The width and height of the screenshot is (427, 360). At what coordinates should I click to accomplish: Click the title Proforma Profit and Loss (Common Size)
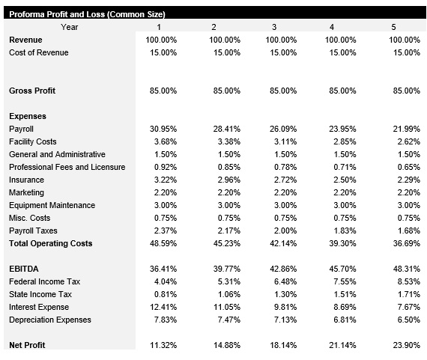[87, 15]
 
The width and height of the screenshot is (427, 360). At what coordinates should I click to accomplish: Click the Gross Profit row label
[32, 91]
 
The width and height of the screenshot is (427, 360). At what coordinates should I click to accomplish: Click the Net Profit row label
[28, 345]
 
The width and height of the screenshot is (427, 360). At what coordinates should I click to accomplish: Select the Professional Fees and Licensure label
[67, 167]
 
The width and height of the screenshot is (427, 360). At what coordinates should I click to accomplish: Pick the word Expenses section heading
[28, 116]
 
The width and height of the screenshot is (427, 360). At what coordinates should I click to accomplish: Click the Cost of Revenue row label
[38, 52]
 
